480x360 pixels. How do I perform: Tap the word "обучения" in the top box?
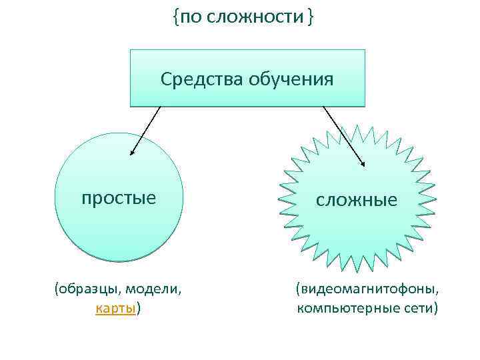point(291,81)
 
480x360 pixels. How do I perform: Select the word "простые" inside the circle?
point(119,198)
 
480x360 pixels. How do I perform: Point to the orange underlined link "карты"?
point(116,309)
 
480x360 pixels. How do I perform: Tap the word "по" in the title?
point(189,17)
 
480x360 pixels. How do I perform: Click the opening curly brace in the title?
point(175,18)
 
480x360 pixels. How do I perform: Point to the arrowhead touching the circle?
point(132,153)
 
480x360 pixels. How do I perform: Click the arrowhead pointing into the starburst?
point(363,163)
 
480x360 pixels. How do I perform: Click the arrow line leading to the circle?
point(147,129)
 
